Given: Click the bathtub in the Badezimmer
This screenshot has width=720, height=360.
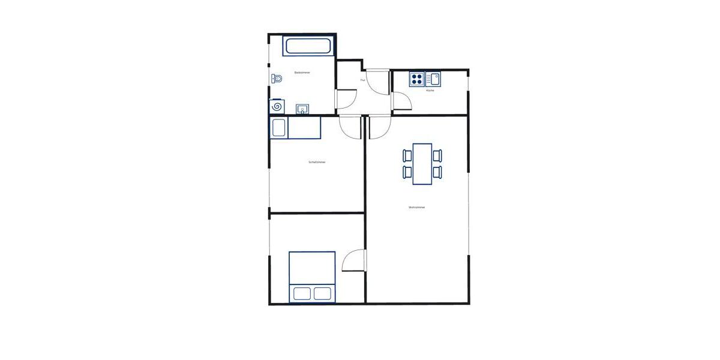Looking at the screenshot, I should pos(307,47).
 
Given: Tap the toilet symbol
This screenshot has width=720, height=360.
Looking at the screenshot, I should pos(277,78).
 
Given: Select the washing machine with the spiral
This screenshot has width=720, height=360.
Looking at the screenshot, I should pos(277,106).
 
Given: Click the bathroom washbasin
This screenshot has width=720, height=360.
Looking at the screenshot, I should pos(303,109).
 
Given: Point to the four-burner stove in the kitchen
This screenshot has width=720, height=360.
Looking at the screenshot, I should pos(417,79).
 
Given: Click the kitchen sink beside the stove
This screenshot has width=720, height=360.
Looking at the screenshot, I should pos(433,79).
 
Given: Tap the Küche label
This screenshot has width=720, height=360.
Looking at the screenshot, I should pos(430,91).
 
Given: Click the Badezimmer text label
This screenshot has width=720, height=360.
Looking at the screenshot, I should pos(302,73).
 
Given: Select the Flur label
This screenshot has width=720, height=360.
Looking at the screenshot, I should pos(363,80).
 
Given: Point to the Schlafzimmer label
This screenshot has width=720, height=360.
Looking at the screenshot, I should pos(317,162).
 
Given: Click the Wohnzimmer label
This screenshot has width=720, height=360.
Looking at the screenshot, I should pos(416,208).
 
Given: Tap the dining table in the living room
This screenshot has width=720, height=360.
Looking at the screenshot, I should pos(422,163).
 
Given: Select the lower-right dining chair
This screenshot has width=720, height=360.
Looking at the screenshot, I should pos(437,172).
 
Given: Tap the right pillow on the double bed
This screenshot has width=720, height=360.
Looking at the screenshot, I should pos(322,293).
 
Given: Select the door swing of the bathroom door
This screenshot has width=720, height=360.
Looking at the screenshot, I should pos(347,98).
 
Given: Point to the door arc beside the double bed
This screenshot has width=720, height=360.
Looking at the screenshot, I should pos(354,261).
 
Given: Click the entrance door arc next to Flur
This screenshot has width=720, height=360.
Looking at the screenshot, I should pos(378,82).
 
